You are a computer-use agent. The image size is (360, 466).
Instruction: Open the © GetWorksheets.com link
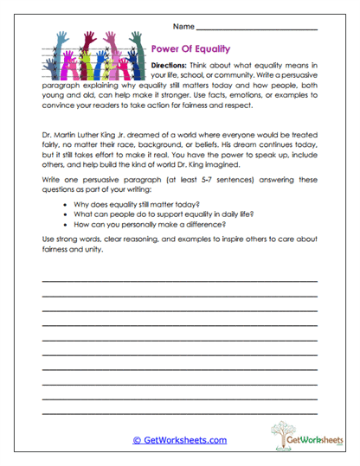(179, 440)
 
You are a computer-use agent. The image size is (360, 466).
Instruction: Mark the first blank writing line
(179, 282)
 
